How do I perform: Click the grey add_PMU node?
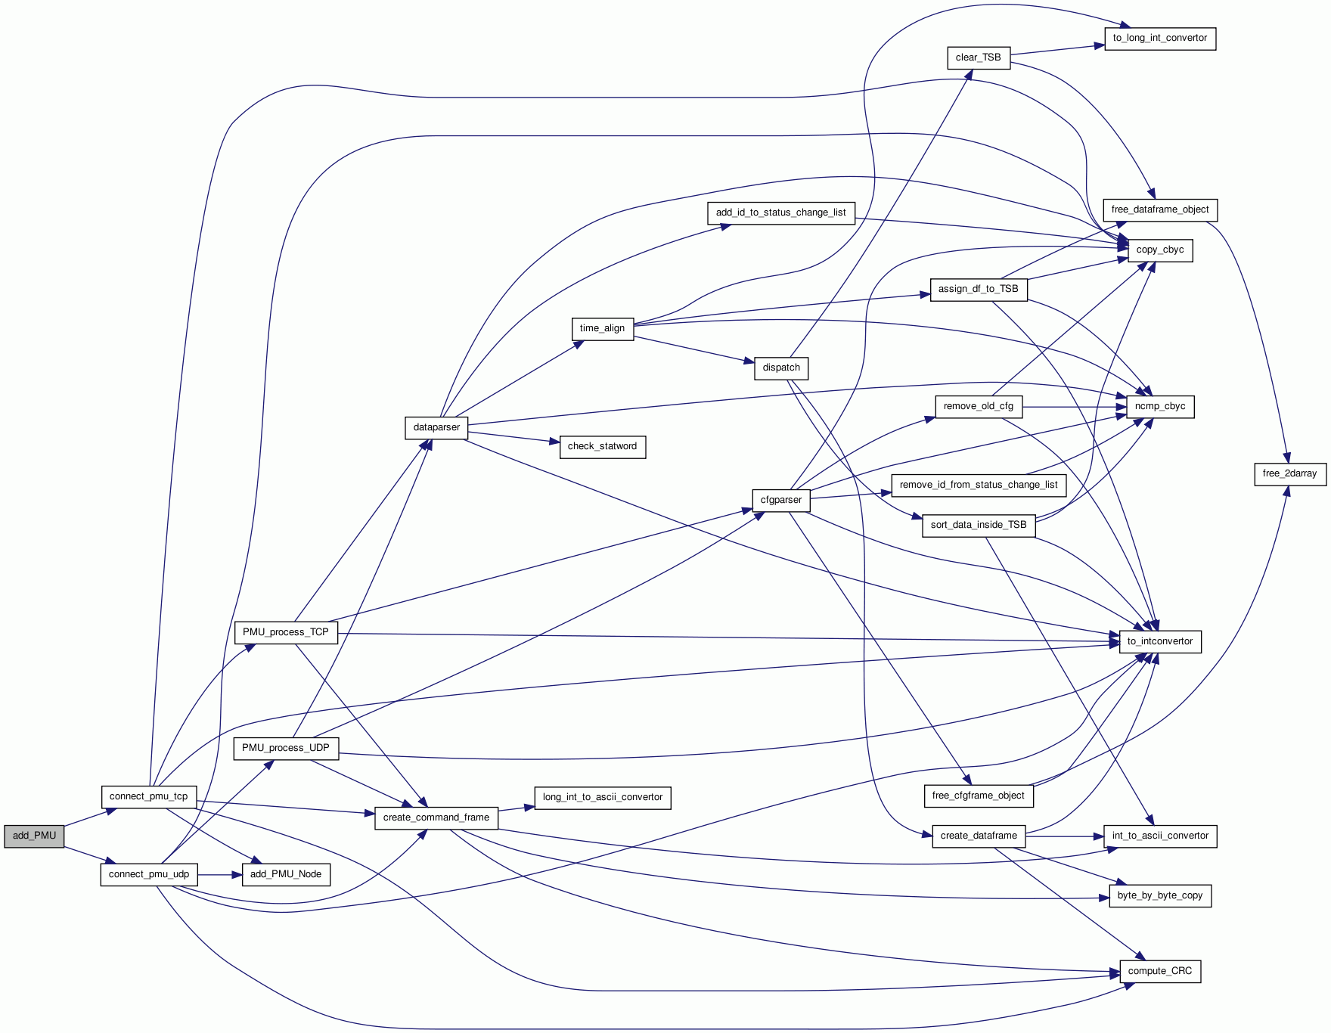tap(34, 836)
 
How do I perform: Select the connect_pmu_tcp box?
tap(148, 796)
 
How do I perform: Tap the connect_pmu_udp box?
tap(148, 874)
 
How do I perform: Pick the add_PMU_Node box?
tap(286, 874)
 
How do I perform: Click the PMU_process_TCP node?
tap(286, 632)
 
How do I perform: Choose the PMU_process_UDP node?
tap(286, 748)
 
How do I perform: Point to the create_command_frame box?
tap(436, 817)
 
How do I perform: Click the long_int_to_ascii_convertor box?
tap(603, 797)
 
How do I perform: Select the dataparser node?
tap(436, 427)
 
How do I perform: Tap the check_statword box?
tap(602, 446)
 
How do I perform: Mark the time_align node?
tap(602, 328)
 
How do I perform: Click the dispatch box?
tap(781, 368)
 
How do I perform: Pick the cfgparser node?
tap(781, 500)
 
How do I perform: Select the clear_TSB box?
tap(978, 57)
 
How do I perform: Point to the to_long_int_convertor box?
tap(1160, 38)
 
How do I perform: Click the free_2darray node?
tap(1289, 473)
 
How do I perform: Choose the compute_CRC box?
tap(1160, 971)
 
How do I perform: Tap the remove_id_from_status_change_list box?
tap(979, 485)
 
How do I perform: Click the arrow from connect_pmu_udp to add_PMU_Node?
tap(219, 875)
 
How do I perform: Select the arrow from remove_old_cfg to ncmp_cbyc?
tap(1074, 407)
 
